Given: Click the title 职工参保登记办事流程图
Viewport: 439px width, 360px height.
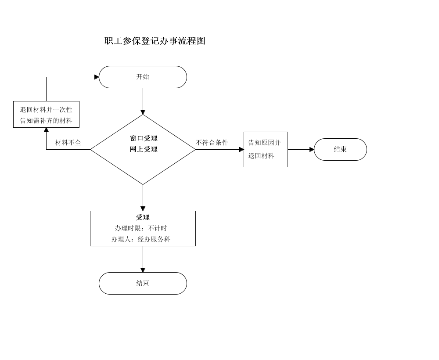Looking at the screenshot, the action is tap(155, 41).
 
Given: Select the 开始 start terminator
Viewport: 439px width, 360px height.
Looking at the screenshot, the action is tap(143, 77).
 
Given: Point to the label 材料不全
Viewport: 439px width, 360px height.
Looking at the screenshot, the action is tap(68, 143).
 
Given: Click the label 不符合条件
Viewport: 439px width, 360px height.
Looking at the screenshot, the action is tap(212, 143).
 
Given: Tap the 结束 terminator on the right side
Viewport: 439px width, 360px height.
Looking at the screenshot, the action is tap(341, 149).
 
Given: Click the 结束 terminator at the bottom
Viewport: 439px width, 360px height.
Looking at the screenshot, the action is tap(143, 283).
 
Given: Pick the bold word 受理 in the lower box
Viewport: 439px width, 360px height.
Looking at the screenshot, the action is tap(143, 217).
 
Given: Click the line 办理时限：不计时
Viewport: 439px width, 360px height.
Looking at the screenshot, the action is tap(141, 228).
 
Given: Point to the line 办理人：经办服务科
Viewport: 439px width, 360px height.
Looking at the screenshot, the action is tap(141, 239).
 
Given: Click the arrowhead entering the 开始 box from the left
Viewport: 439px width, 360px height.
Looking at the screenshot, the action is tap(97, 77).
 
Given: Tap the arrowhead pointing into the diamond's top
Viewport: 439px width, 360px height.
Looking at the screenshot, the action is tap(143, 112).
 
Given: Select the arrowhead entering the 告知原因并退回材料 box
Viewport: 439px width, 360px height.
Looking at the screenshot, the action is tap(241, 149).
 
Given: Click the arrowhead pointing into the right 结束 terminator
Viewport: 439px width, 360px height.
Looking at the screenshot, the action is tap(312, 149).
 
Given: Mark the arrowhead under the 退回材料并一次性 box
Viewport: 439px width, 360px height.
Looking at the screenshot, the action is tap(46, 130).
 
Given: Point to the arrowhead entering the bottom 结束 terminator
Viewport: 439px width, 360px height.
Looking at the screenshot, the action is tap(143, 270).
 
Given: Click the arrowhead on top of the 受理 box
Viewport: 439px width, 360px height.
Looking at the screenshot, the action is tap(143, 209).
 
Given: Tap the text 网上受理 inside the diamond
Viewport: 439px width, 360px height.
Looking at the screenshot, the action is tap(144, 149).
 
